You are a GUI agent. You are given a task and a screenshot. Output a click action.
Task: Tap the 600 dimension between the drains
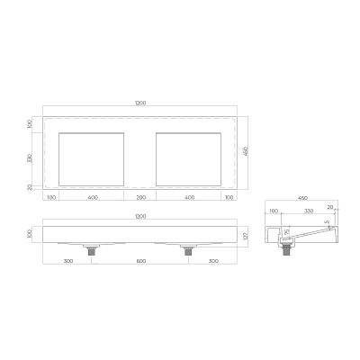(x=140, y=261)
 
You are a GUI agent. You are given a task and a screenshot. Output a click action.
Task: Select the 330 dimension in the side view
(x=308, y=211)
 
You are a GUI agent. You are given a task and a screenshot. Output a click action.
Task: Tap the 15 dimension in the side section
(x=287, y=232)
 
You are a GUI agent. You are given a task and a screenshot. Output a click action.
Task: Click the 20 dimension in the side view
(x=331, y=207)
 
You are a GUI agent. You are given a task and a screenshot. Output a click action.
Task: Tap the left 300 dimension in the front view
(x=68, y=261)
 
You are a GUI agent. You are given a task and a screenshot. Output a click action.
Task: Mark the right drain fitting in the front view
(x=188, y=251)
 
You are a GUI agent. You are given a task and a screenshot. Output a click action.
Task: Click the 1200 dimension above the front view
(x=140, y=216)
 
